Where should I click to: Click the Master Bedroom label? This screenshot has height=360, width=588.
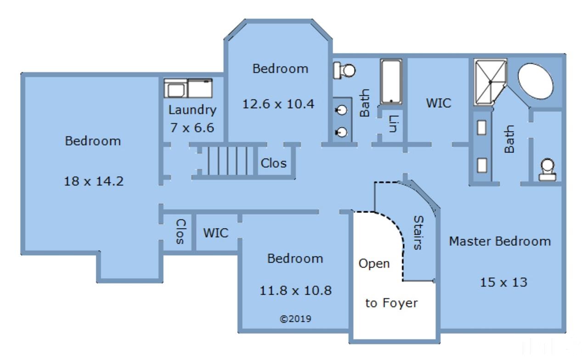coord(499,241)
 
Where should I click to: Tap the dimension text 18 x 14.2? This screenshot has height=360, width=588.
coord(93,181)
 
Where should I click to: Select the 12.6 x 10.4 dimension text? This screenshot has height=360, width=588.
coord(278,104)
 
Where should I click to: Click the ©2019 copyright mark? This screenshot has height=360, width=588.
coord(295,318)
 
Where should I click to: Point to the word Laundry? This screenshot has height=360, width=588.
coord(192,110)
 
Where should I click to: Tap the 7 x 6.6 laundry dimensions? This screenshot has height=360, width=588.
coord(192,128)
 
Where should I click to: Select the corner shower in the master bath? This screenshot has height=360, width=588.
coord(491,82)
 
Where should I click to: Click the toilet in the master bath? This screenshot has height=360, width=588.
coord(547,170)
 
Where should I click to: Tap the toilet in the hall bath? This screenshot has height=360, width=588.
coord(345,70)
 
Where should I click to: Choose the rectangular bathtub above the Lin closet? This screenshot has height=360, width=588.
coord(391,82)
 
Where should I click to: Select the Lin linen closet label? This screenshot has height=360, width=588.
coord(393,124)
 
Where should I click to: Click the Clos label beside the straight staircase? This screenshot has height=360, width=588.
coord(273,163)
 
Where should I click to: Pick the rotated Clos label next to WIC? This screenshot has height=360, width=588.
coord(180,231)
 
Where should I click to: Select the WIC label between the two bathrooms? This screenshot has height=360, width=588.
coord(438,102)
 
